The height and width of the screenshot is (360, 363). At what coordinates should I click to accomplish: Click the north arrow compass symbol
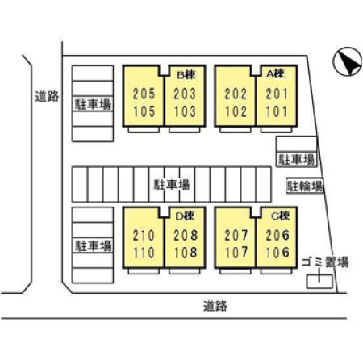pos(348,61)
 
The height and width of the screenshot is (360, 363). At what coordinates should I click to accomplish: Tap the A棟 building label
pos(275,73)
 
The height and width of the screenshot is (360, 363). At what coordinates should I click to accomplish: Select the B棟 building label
pos(186,75)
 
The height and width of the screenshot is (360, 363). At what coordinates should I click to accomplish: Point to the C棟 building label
pos(280,216)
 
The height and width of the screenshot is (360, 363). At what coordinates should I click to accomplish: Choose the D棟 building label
pos(185,216)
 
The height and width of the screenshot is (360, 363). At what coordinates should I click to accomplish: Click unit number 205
pos(144,94)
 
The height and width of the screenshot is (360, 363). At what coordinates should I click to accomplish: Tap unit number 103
pos(185,111)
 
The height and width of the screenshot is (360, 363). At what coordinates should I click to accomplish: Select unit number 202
pos(236,94)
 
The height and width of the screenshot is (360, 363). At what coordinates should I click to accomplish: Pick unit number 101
pos(277,111)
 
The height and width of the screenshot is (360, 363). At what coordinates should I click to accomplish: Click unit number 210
pos(144,236)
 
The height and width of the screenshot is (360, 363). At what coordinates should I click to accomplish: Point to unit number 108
pos(186,253)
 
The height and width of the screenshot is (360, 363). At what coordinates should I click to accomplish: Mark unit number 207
pos(236,236)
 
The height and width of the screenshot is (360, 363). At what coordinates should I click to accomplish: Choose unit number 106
pos(277,253)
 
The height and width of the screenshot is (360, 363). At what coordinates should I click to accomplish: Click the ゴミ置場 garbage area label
pos(325,262)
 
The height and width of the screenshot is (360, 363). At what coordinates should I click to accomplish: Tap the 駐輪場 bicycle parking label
pos(305,186)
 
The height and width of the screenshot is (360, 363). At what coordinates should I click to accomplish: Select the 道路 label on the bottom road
pos(215,306)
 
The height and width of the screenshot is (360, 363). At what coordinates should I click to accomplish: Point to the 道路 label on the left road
pos(47,96)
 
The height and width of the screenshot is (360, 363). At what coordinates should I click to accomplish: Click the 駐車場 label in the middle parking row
pos(172,185)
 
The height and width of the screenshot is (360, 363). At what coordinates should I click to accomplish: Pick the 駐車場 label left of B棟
pos(93,104)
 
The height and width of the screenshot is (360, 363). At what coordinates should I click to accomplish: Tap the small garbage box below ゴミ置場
pos(319,282)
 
